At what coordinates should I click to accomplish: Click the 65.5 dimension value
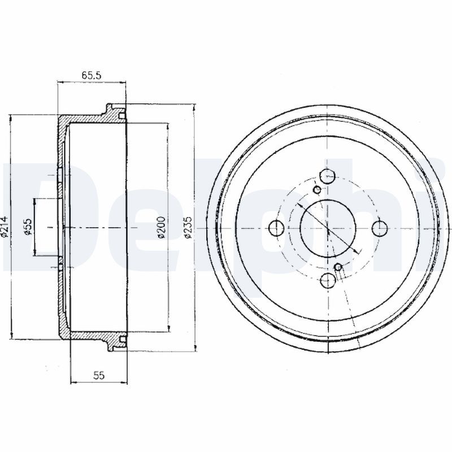coord(91,76)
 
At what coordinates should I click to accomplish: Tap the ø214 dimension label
coord(5,227)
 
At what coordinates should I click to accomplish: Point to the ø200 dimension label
coord(162,227)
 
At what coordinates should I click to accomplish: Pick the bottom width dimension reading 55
coord(98,375)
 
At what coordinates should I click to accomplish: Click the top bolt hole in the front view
coord(328,176)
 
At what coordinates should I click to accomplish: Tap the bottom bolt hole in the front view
coord(328,280)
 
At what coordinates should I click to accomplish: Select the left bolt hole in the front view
coord(276,228)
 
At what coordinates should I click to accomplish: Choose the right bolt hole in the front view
coord(380,228)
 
